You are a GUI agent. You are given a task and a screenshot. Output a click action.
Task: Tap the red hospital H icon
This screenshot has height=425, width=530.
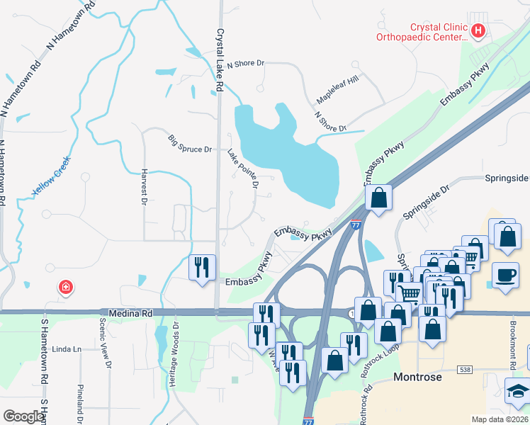(x=478, y=30)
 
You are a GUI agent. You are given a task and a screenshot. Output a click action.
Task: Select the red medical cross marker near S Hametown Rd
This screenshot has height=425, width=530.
(x=65, y=287)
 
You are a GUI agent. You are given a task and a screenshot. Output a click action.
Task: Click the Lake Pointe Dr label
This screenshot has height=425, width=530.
(x=243, y=167)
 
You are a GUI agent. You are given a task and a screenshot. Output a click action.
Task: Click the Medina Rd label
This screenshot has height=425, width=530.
(x=131, y=312)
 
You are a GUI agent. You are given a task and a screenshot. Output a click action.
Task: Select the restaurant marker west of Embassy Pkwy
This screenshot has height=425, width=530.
(x=202, y=267)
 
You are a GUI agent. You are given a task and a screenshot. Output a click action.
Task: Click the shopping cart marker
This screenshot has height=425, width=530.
(x=409, y=293)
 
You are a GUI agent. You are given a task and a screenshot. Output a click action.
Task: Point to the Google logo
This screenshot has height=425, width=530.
(x=23, y=416)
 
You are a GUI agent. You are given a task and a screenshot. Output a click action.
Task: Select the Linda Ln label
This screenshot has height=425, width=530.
(x=68, y=349)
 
